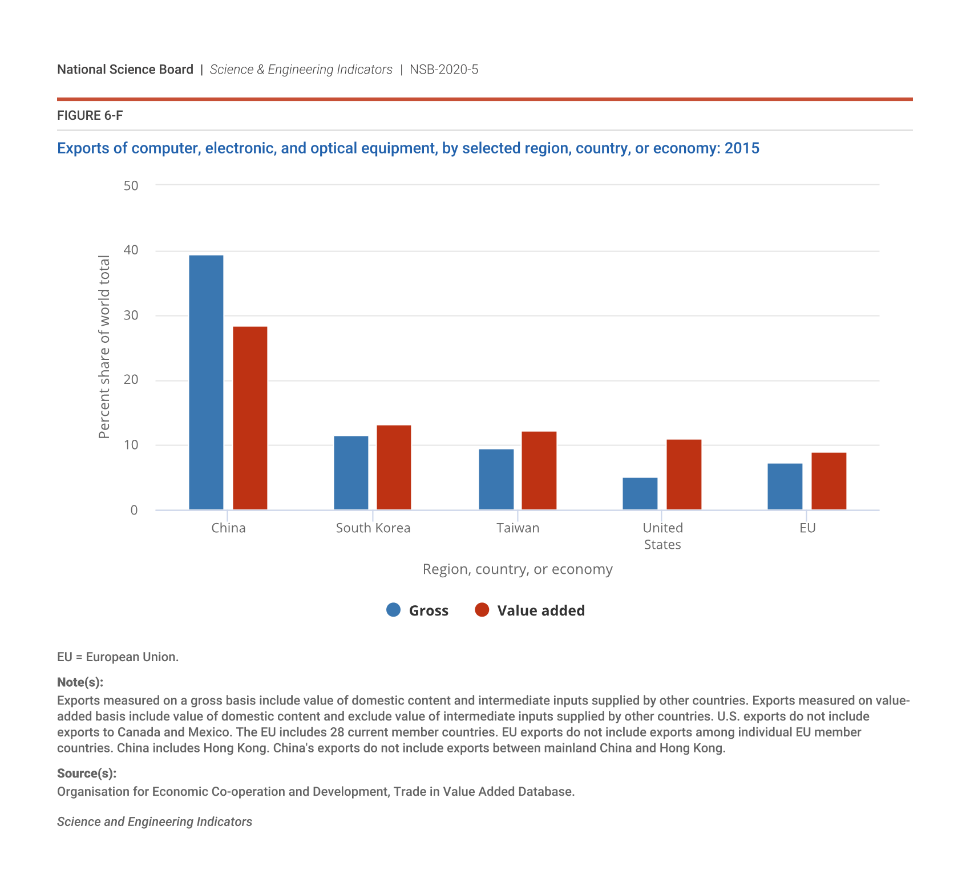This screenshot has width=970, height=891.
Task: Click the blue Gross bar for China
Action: click(x=206, y=382)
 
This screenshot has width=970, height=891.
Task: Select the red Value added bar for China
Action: click(x=250, y=418)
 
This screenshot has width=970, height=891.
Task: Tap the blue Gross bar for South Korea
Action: click(x=351, y=473)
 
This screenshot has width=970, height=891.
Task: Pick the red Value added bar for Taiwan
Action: click(x=539, y=471)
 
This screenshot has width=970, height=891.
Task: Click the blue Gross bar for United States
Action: click(x=640, y=493)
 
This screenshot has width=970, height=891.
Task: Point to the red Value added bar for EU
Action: click(x=828, y=481)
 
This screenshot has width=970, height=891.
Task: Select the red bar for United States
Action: click(x=684, y=475)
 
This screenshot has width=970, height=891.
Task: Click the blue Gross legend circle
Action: click(x=394, y=610)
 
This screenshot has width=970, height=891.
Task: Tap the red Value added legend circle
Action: click(x=482, y=610)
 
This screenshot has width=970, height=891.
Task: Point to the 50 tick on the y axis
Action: click(x=131, y=185)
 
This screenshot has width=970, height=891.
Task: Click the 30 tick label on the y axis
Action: click(x=131, y=315)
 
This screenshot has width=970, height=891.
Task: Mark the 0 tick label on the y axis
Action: click(x=134, y=510)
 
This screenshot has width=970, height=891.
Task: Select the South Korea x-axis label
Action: click(x=373, y=528)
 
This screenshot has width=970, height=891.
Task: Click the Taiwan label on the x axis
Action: click(x=518, y=528)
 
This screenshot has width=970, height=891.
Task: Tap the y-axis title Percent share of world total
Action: click(x=104, y=347)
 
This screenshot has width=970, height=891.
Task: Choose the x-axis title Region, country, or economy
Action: click(x=518, y=569)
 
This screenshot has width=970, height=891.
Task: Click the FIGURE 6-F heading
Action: click(x=90, y=116)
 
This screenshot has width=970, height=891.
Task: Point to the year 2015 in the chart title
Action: click(x=742, y=148)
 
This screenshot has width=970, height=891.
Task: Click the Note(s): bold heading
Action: click(x=80, y=682)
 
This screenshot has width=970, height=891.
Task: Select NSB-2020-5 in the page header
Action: click(x=444, y=70)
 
